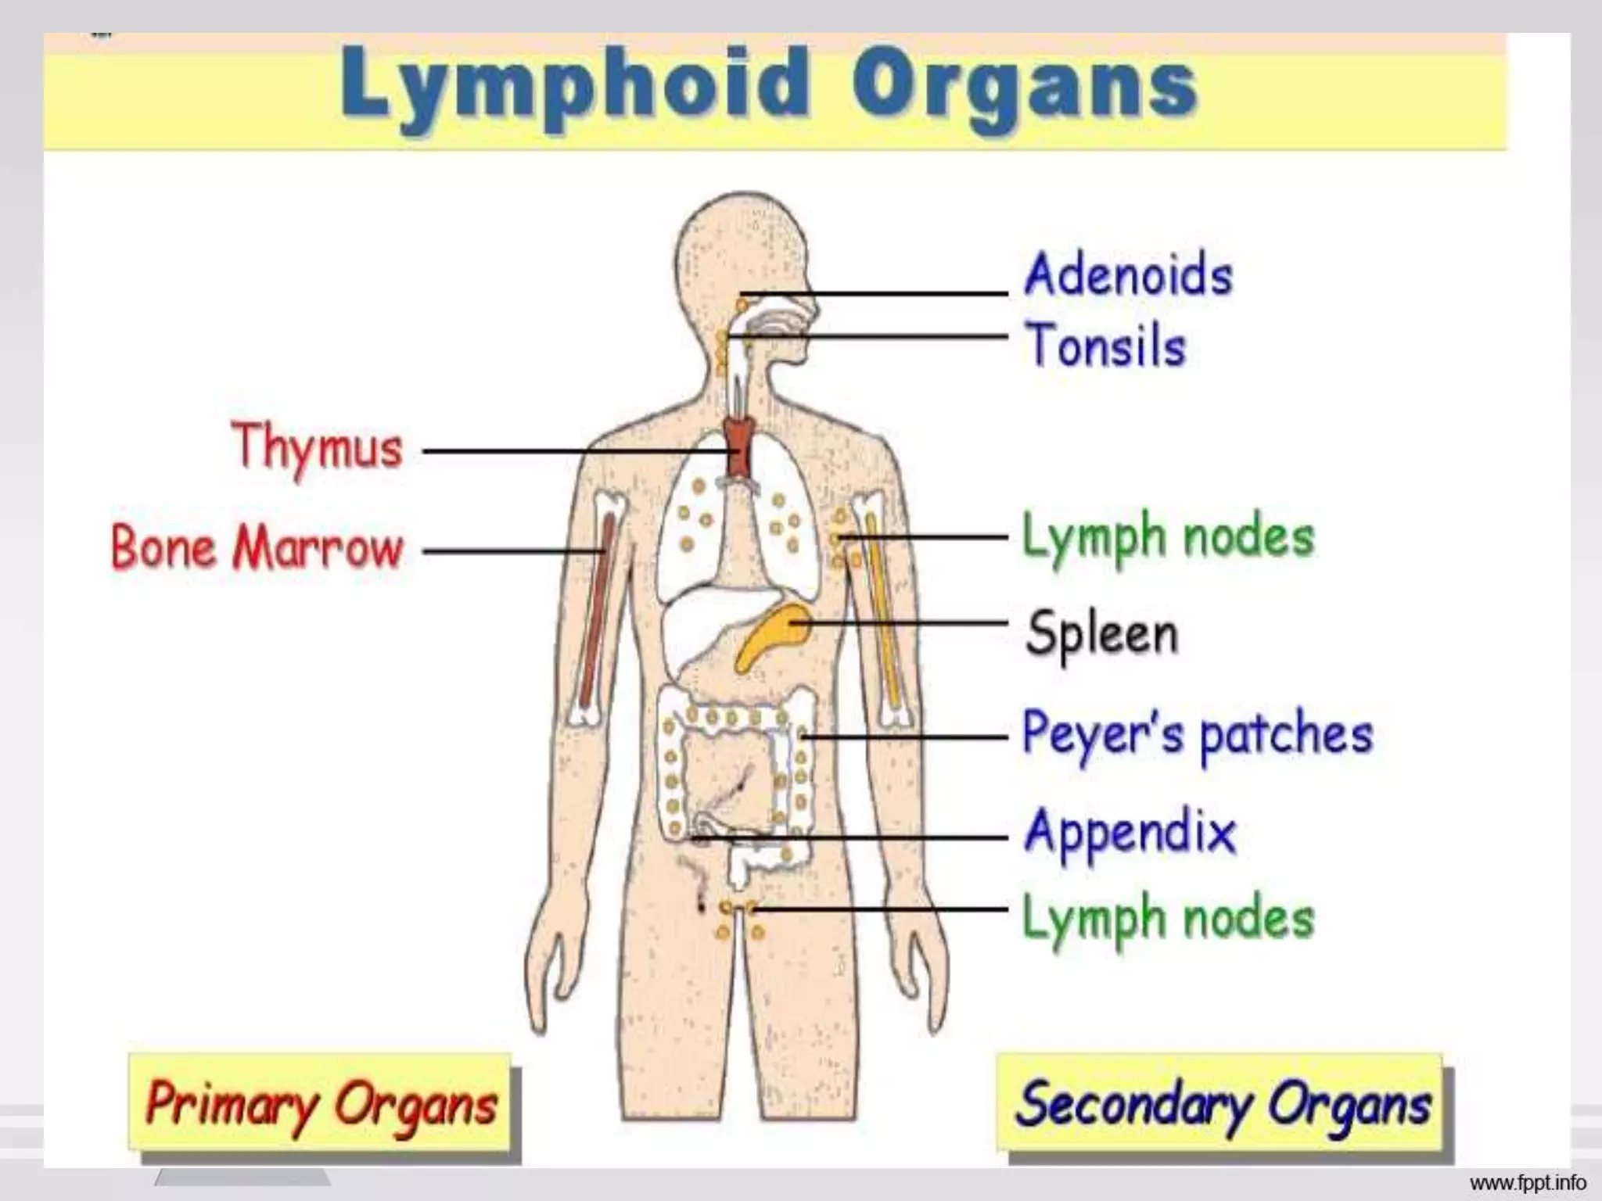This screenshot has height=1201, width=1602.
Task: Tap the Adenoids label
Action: click(1128, 274)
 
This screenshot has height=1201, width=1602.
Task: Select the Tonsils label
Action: click(1105, 345)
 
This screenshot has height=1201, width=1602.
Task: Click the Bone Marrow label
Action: click(257, 547)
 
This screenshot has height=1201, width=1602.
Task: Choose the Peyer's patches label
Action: click(1197, 733)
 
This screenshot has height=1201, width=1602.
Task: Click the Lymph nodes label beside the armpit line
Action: click(1168, 537)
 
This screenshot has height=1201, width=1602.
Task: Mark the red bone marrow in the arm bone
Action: click(596, 610)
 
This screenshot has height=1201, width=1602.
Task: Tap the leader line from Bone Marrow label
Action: click(508, 550)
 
